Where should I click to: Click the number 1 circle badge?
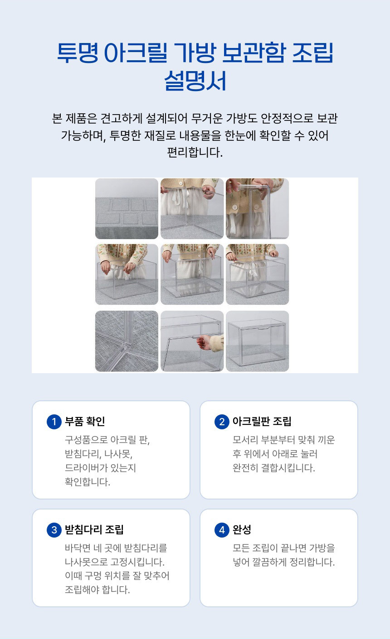(54, 422)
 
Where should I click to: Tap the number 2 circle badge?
(222, 422)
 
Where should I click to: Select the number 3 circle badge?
(54, 530)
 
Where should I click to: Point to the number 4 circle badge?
(222, 530)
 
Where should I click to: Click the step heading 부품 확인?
(85, 421)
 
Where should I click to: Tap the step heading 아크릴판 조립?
(262, 421)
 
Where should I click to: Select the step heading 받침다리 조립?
(94, 530)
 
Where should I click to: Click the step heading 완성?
(242, 530)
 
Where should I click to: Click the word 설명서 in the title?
(195, 81)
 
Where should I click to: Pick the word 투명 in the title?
(78, 53)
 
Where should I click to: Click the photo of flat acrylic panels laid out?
(127, 208)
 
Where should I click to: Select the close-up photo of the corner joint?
(127, 341)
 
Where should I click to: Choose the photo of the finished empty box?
(258, 341)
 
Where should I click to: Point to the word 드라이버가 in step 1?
(83, 468)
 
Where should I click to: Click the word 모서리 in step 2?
(245, 440)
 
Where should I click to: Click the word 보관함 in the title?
(253, 53)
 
